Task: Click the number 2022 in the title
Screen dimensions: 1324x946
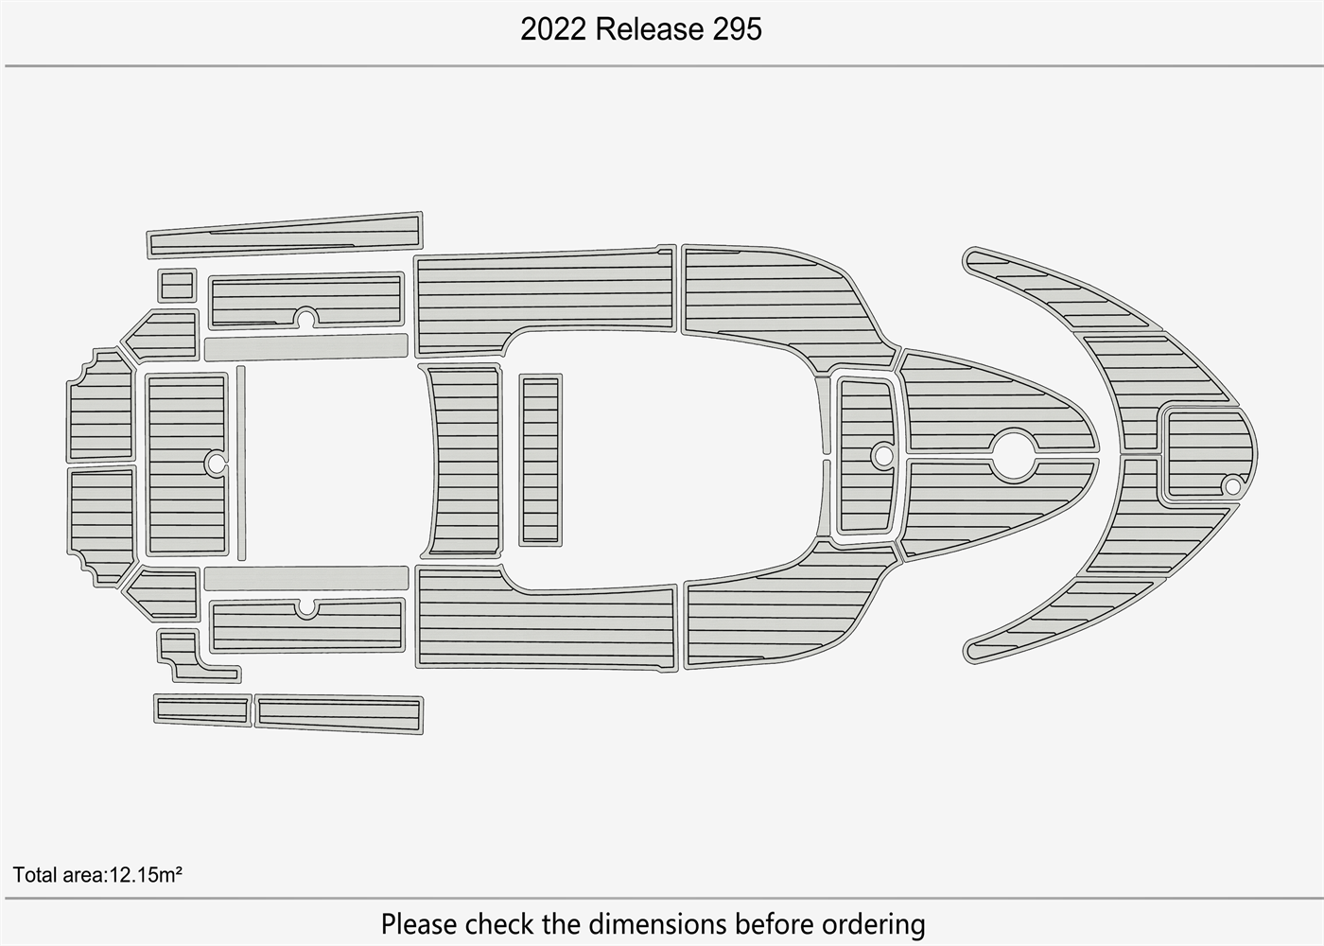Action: [x=553, y=29]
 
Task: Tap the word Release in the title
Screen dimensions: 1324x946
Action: [x=650, y=29]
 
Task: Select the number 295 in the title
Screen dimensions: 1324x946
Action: [x=737, y=29]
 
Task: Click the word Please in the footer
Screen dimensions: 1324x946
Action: [x=419, y=923]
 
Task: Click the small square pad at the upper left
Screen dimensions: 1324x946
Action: [x=177, y=286]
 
